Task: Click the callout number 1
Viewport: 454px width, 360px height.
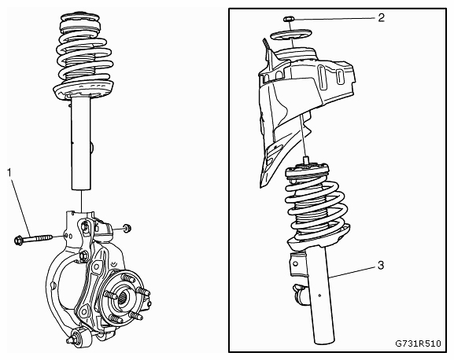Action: tap(9, 173)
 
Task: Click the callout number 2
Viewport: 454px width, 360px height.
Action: tap(382, 18)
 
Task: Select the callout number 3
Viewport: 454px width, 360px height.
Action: tap(381, 265)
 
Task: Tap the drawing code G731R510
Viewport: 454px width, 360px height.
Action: tap(418, 343)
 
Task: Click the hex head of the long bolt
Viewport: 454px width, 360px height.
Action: tap(18, 240)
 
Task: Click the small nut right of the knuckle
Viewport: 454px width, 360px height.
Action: tap(127, 228)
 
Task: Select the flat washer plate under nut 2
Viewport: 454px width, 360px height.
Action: tap(290, 35)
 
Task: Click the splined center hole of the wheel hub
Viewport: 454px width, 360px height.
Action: tap(124, 298)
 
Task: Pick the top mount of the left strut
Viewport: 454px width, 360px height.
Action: tap(80, 22)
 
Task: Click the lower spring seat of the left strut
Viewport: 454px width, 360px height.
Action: tap(83, 91)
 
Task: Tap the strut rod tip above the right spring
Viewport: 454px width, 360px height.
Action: tap(306, 160)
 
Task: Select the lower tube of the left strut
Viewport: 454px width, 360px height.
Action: tap(81, 144)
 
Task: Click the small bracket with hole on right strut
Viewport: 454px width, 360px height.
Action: tap(297, 264)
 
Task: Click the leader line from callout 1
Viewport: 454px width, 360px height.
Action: tap(21, 207)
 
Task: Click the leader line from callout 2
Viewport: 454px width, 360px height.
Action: tap(334, 19)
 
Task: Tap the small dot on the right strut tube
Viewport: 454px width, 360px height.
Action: tap(319, 296)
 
